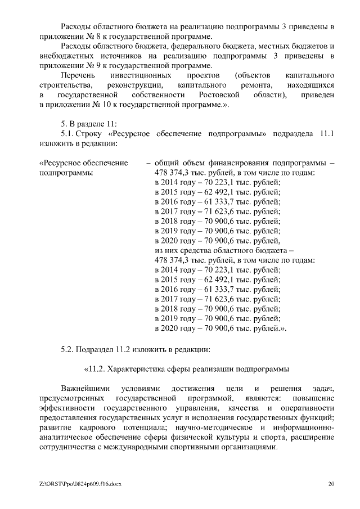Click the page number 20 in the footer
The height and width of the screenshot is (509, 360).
point(331,484)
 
